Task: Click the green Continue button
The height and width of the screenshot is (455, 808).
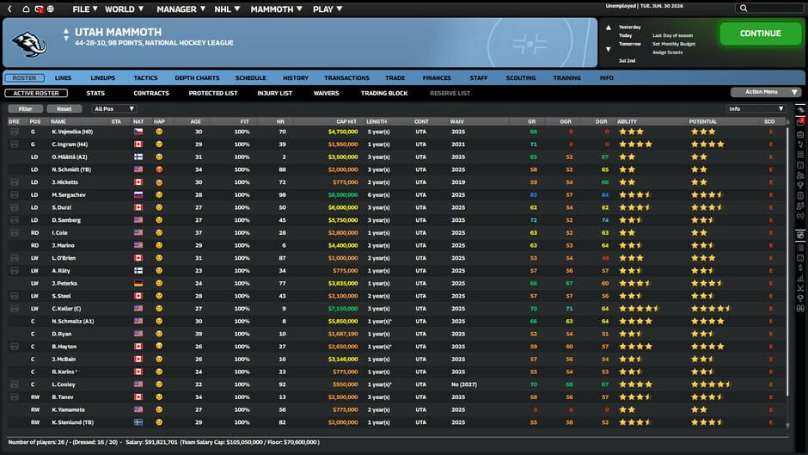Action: click(760, 34)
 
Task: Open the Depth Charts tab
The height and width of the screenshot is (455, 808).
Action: click(197, 77)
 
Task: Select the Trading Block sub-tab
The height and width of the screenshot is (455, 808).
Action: click(384, 93)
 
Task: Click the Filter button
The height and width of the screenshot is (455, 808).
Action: click(25, 109)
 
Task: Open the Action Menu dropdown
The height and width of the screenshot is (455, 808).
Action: click(765, 92)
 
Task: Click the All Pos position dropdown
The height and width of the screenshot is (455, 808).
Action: click(114, 109)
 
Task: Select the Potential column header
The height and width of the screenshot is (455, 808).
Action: click(702, 121)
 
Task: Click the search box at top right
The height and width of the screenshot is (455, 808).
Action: click(769, 9)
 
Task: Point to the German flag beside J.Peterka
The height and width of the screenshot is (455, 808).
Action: click(138, 283)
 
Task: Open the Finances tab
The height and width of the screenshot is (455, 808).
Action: click(437, 77)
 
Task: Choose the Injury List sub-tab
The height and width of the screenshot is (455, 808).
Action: click(274, 93)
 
